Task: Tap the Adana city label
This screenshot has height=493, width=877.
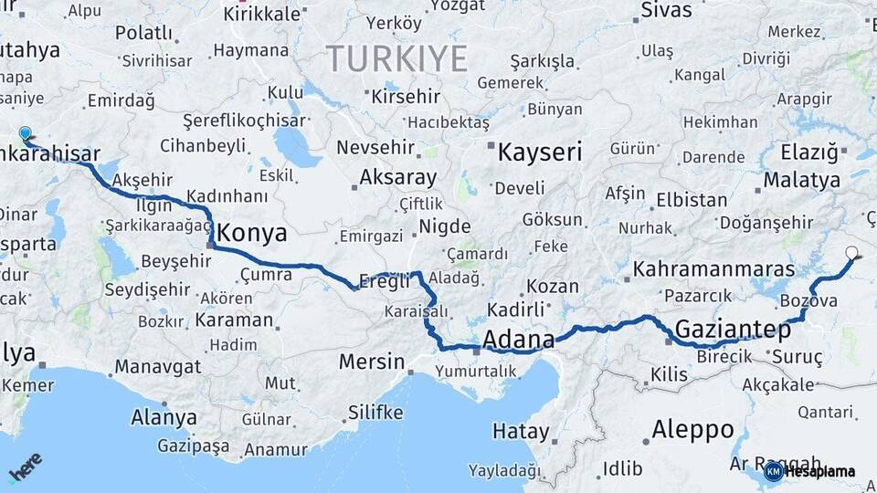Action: (518, 340)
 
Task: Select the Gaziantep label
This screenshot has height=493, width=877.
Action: (733, 330)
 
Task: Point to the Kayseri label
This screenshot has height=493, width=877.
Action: (539, 152)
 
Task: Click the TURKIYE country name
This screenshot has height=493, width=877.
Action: (397, 59)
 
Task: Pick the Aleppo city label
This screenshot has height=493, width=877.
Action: (692, 428)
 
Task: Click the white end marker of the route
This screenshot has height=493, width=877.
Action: (852, 253)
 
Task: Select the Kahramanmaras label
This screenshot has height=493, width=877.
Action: (713, 269)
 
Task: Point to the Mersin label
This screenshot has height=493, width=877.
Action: (371, 362)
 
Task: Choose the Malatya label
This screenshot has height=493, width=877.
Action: (801, 180)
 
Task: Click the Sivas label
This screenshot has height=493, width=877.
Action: (666, 11)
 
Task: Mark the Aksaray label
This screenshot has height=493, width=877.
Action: (397, 177)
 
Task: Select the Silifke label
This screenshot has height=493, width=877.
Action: (375, 412)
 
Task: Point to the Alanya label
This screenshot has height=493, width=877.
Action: (164, 417)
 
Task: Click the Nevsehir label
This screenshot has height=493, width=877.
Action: (375, 147)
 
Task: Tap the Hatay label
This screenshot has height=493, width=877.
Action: (521, 431)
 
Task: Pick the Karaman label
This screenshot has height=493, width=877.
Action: (234, 320)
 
